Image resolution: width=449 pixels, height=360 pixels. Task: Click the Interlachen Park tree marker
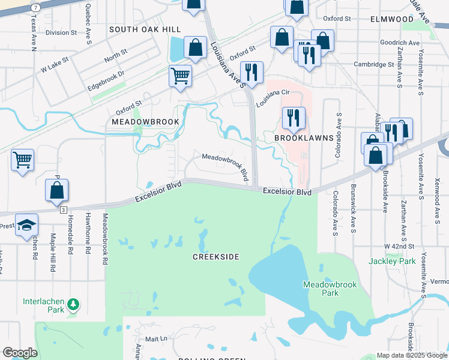pos(74,304)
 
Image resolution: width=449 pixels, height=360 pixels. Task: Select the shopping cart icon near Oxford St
pos(180,76)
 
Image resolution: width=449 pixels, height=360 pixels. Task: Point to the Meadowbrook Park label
pos(321,289)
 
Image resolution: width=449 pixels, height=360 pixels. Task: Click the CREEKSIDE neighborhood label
pos(215,257)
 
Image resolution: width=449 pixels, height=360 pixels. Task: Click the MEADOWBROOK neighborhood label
pos(145,122)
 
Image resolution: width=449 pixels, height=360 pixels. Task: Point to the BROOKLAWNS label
pos(304,137)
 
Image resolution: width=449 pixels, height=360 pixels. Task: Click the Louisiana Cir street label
pos(273,98)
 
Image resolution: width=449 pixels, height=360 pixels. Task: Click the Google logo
pos(20,353)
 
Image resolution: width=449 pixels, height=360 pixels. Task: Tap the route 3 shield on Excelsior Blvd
pos(63,209)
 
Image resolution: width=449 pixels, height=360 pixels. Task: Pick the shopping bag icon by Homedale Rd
pos(56,190)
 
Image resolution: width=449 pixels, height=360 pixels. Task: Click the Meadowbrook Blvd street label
pos(225,166)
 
